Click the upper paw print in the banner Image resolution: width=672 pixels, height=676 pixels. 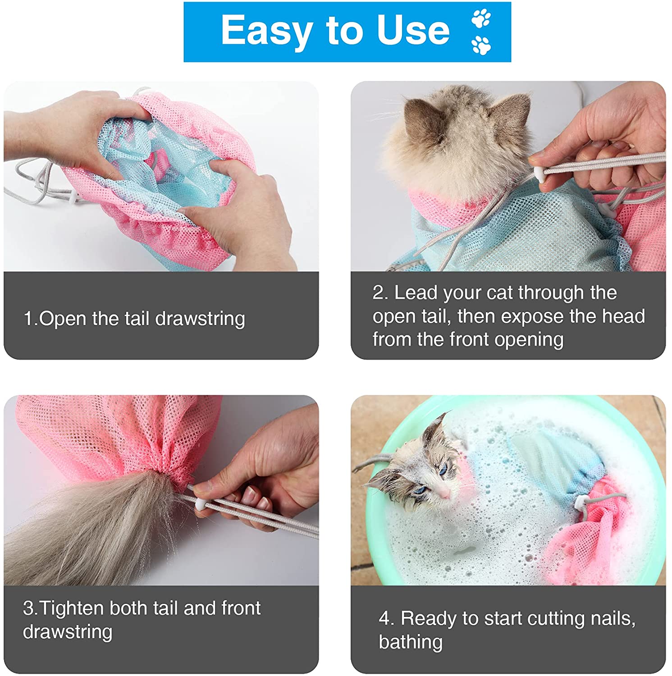coord(481,18)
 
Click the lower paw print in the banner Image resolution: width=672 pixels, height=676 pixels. coord(481,45)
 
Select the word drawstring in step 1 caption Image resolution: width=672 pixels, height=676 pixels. coord(200,319)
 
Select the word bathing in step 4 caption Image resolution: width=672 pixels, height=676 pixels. coord(411,642)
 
